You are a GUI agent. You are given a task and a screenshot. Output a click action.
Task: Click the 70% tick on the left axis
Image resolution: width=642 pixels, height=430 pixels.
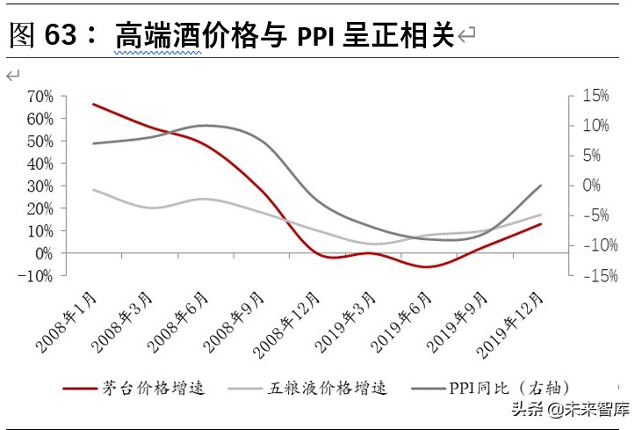(40, 96)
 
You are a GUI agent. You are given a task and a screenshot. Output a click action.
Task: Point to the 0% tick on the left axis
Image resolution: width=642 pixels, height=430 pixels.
(43, 253)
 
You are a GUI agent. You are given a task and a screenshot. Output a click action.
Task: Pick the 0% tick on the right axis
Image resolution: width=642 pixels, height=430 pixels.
(590, 186)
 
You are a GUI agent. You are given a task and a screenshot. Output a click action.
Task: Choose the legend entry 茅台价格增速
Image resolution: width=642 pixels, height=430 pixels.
(153, 387)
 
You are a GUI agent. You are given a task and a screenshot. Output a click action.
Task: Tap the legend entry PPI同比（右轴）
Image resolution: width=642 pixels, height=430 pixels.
(509, 387)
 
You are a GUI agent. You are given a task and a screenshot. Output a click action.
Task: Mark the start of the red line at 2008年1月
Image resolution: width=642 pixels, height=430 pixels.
(93, 104)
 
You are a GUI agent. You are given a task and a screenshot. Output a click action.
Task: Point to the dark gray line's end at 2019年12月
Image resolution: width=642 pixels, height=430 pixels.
(541, 186)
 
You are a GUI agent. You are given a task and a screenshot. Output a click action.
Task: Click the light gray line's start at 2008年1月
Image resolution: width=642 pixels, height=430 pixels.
(93, 189)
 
